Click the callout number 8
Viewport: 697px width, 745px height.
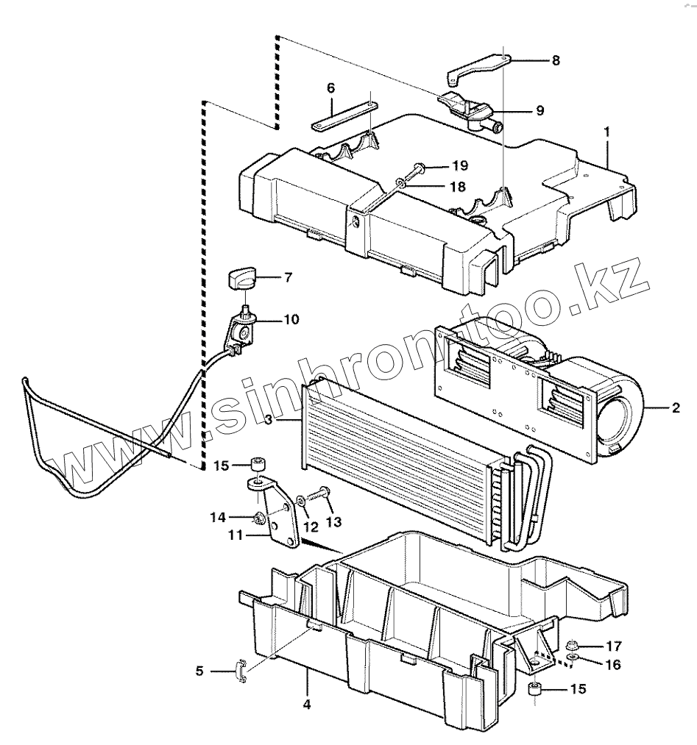click(555, 61)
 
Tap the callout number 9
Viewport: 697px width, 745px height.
click(539, 110)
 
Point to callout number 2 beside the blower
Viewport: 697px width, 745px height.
click(676, 406)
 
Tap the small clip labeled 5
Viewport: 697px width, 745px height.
click(240, 671)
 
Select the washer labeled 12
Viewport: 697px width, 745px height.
click(302, 502)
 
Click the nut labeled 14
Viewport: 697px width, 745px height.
click(259, 518)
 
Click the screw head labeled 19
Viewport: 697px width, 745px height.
click(418, 168)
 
